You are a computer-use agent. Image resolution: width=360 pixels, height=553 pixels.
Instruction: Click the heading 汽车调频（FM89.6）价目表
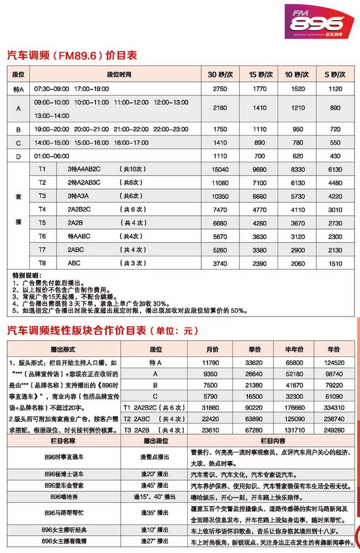pyautogui.click(x=71, y=55)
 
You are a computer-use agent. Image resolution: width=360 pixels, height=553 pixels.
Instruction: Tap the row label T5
pyautogui.click(x=42, y=223)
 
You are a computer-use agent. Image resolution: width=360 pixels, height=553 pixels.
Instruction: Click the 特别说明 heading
pyautogui.click(x=26, y=275)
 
